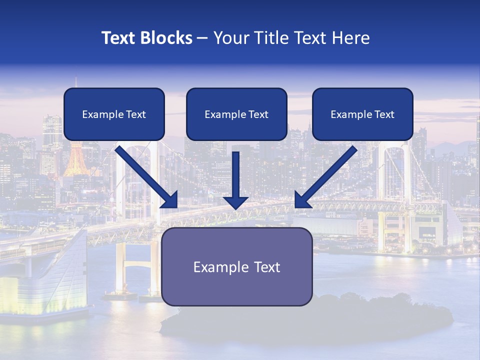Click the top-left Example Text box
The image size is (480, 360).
pyautogui.click(x=114, y=114)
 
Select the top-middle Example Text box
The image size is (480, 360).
pyautogui.click(x=236, y=114)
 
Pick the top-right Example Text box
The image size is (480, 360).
pyautogui.click(x=362, y=114)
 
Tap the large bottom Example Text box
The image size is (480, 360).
pyautogui.click(x=237, y=266)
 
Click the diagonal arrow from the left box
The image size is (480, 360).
pyautogui.click(x=145, y=175)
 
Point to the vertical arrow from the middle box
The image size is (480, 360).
pyautogui.click(x=236, y=175)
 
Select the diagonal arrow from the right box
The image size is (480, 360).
pyautogui.click(x=328, y=175)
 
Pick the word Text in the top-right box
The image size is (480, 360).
pyautogui.click(x=384, y=114)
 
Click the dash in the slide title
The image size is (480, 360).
pyautogui.click(x=202, y=38)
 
